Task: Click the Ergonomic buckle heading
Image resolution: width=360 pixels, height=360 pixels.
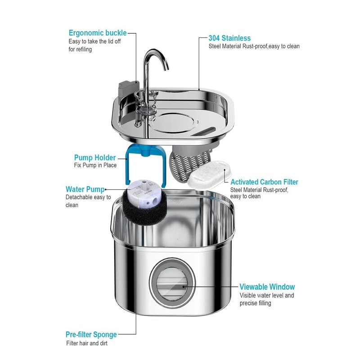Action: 98,33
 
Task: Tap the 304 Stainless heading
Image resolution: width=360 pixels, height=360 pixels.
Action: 229,38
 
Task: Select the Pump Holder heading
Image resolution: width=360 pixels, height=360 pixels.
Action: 95,157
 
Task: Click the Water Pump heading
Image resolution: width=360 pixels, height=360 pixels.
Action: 85,189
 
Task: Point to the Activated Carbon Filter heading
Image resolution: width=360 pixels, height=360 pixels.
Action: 264,182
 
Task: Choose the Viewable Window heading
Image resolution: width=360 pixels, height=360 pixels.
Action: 267,287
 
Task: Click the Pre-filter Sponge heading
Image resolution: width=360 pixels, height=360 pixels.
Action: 91,334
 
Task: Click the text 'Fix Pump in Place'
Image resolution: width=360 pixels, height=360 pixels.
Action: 95,166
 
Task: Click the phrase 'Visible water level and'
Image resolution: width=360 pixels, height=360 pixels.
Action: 266,296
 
